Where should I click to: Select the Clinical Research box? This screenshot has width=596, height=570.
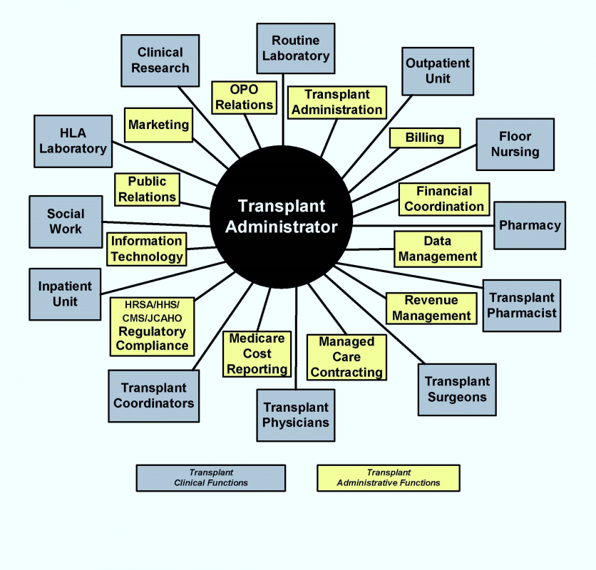(x=160, y=60)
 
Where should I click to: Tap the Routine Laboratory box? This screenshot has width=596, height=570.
(x=295, y=48)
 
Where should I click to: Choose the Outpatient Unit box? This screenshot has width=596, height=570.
(x=438, y=71)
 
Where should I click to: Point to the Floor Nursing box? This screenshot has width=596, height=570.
(x=515, y=144)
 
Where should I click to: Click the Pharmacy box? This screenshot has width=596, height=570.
(x=530, y=225)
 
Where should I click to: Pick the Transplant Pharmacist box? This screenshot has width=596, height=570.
(x=522, y=305)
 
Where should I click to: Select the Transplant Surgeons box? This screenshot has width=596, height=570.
(x=457, y=389)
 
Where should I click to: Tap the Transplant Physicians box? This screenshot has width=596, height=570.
(x=296, y=415)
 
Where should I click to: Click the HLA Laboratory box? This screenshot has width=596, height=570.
(x=73, y=140)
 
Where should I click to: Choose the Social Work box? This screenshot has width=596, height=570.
(x=66, y=222)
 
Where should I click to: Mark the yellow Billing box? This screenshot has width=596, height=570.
(x=425, y=138)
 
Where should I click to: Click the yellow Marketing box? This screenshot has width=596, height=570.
(x=158, y=125)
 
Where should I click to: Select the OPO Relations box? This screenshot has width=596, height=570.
(x=244, y=98)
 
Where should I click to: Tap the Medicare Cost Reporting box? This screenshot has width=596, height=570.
(x=257, y=354)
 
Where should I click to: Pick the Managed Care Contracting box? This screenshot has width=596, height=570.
(x=346, y=357)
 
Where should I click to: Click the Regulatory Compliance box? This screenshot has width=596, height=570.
(x=152, y=326)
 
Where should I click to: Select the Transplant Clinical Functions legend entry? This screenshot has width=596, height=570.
(x=211, y=477)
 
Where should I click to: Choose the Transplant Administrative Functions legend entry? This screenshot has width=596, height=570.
(x=389, y=477)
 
